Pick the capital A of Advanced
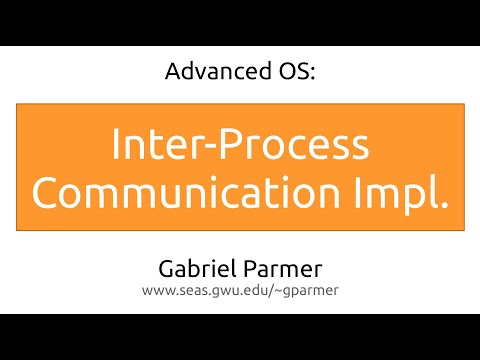[x=170, y=73]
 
